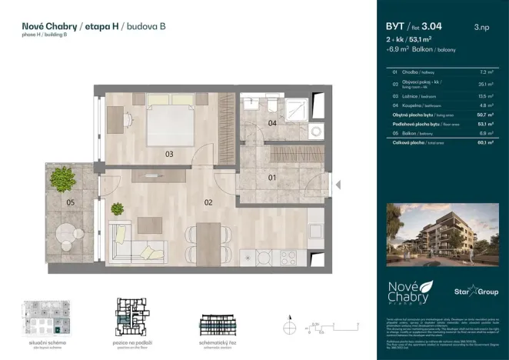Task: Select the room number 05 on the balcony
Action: tap(69, 203)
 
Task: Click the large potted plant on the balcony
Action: tap(62, 179)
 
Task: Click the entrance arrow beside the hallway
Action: tap(338, 184)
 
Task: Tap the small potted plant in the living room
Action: tap(118, 207)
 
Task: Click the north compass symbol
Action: tap(289, 321)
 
